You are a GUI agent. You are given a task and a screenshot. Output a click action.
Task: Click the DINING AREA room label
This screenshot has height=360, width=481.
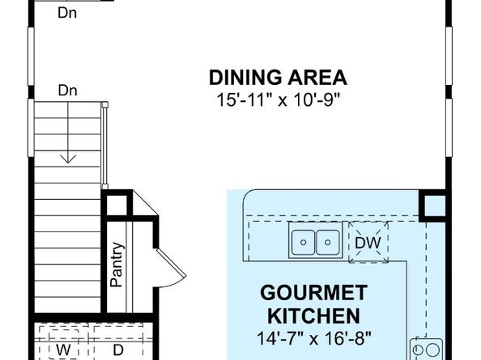tap(278, 78)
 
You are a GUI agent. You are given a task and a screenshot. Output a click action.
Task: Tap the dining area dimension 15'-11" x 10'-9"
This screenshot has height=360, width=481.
tap(279, 100)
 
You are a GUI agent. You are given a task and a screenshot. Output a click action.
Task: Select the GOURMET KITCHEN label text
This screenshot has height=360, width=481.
tap(313, 304)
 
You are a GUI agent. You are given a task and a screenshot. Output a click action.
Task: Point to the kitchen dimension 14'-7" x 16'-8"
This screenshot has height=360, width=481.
tap(314, 338)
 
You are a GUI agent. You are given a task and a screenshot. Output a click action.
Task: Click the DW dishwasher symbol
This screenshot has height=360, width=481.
tap(368, 243)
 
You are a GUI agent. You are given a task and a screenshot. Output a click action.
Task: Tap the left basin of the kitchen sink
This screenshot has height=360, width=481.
tap(303, 243)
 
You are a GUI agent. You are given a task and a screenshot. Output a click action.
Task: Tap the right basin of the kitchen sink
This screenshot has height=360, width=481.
tap(328, 243)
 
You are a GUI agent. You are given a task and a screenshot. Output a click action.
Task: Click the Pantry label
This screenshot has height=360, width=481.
tap(117, 265)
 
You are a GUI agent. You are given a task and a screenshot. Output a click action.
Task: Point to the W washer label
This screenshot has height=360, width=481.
tap(63, 349)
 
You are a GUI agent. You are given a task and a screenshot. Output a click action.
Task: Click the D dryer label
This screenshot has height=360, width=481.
tap(118, 349)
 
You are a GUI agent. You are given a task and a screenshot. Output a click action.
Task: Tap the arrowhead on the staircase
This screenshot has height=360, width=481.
tap(68, 159)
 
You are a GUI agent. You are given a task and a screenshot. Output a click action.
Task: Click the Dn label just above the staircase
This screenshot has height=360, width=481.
tap(67, 91)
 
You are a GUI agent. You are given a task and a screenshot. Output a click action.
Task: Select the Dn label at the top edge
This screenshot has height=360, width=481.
tap(67, 13)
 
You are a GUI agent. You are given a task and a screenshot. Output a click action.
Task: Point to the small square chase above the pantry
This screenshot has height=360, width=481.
tap(117, 205)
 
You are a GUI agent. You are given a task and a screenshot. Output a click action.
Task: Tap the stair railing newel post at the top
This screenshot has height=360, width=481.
tap(105, 105)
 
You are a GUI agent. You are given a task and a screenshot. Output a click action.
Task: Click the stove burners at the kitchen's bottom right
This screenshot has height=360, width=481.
tap(427, 349)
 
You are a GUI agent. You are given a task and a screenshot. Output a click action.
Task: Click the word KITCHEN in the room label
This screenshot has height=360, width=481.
tap(313, 316)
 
